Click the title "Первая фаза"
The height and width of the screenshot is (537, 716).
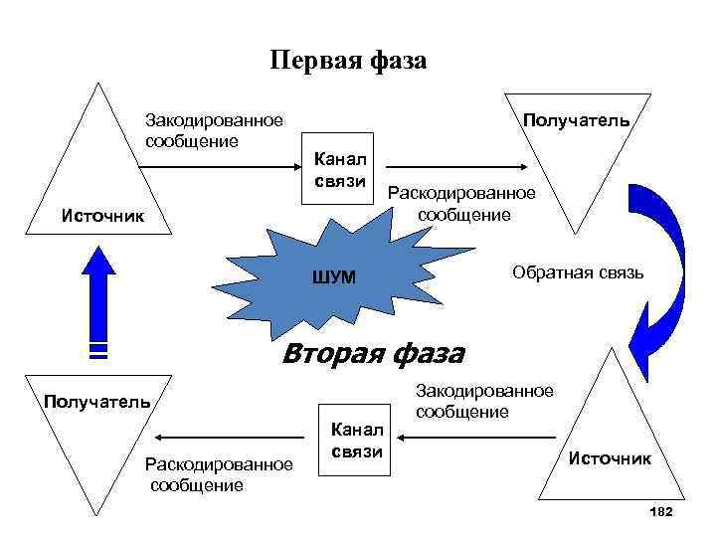click(x=348, y=61)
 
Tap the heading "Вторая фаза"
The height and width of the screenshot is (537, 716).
click(x=373, y=352)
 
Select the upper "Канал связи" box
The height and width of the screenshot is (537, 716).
click(x=339, y=167)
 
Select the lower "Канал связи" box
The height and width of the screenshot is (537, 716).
click(x=355, y=440)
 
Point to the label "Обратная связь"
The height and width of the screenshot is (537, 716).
click(x=578, y=271)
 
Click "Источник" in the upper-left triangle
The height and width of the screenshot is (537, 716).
click(x=101, y=215)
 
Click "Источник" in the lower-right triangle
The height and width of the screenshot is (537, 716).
click(x=610, y=458)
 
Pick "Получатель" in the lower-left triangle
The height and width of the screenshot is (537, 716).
click(x=96, y=402)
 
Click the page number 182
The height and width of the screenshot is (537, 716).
click(x=660, y=511)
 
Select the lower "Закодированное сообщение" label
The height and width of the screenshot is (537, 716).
click(x=484, y=401)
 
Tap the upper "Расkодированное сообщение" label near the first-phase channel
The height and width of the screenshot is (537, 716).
click(x=461, y=203)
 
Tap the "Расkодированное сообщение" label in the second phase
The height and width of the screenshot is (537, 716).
click(x=219, y=474)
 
